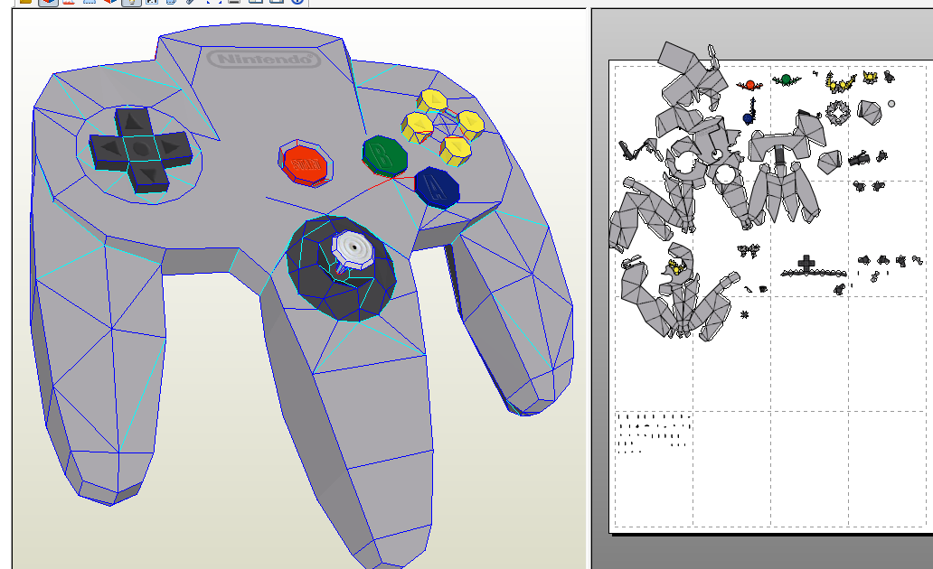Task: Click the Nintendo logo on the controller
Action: coord(264,60)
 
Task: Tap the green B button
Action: coord(384,155)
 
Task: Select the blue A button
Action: coord(437,187)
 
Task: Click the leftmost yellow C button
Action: coord(418,124)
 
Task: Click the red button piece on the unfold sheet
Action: coord(749,85)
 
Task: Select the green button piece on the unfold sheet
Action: coord(786,79)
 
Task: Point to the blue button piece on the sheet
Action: coord(749,117)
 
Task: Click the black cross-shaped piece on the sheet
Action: coord(806,264)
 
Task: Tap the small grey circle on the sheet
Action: coord(891,104)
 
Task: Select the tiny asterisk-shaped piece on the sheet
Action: coord(745,315)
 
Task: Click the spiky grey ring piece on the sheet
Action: coord(838,112)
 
